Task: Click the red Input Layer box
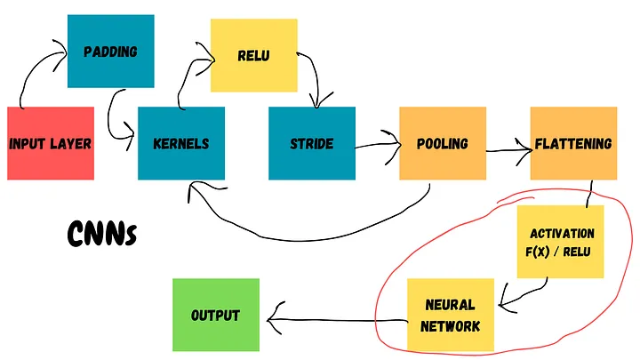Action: [x=51, y=143]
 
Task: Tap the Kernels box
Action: [x=181, y=143]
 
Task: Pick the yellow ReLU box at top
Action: [x=253, y=56]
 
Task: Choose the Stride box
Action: [x=312, y=143]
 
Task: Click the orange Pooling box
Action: [x=442, y=143]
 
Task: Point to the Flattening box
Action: [x=573, y=143]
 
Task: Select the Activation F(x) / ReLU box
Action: [x=561, y=241]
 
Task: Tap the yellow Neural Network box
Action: [x=450, y=314]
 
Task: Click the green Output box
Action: [x=215, y=315]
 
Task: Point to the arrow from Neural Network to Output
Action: [x=338, y=317]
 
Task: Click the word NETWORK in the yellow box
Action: [x=450, y=325]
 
